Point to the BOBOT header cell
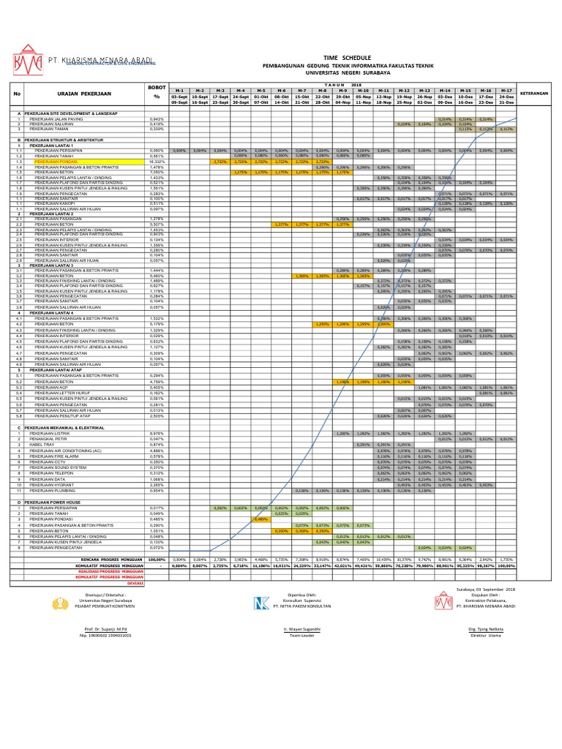tap(157, 87)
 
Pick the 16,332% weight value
tap(156, 162)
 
